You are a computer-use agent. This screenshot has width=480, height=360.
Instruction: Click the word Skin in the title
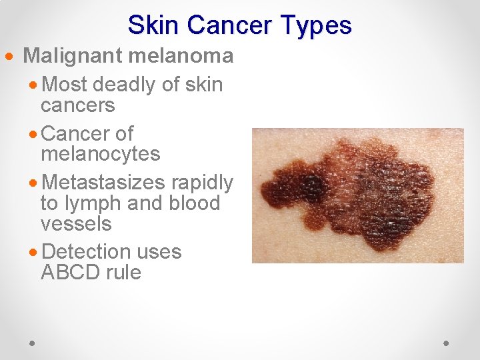click(x=154, y=25)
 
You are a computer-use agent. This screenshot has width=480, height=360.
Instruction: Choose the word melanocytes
click(x=100, y=154)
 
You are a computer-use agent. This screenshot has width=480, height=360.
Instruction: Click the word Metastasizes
click(x=104, y=182)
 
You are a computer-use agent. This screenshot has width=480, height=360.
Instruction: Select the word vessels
click(x=76, y=224)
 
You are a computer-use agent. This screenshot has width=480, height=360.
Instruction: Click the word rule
click(x=125, y=273)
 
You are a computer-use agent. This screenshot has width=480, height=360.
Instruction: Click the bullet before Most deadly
click(x=34, y=85)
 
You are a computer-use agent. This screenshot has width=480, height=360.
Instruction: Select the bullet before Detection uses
click(x=34, y=252)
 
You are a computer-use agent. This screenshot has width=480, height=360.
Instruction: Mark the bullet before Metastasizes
click(x=34, y=182)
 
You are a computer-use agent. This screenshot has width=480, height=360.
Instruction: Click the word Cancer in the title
click(x=226, y=25)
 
